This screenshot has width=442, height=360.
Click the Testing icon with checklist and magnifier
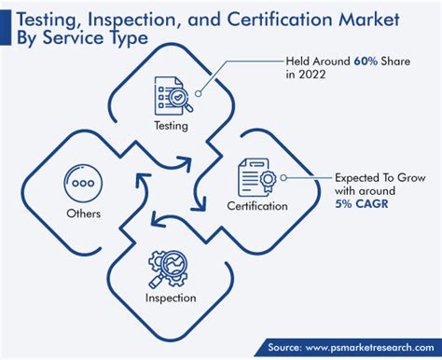pos(170,94)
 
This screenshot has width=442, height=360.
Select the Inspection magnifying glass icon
pos(170,269)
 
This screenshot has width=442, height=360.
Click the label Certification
pos(256,205)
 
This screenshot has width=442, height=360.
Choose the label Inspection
pos(170,298)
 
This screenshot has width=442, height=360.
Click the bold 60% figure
pos(366,61)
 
